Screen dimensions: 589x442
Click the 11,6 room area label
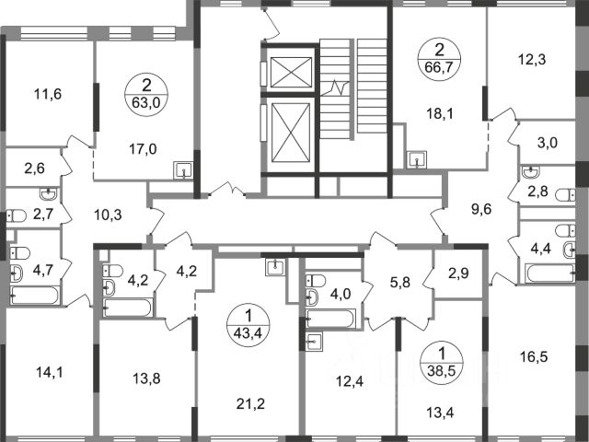tap(48, 94)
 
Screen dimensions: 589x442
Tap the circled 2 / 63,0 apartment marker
tap(146, 94)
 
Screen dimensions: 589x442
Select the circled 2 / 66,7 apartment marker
tap(440, 59)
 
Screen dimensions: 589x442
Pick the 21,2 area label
tap(250, 404)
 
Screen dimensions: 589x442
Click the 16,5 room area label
tap(534, 356)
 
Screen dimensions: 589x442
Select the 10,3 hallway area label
tap(108, 215)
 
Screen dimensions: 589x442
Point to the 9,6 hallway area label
tap(482, 208)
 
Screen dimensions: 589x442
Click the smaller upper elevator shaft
tap(291, 72)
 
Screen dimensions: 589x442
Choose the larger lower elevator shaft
tap(291, 133)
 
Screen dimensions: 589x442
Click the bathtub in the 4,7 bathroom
tap(35, 296)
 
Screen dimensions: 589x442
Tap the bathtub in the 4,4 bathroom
tap(550, 273)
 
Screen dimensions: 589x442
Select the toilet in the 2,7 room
tap(17, 216)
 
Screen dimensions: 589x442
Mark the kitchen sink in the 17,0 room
tap(183, 170)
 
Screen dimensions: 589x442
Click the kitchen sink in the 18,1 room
tap(417, 159)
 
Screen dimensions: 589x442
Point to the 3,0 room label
tap(548, 143)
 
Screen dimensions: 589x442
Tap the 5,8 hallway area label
tap(400, 282)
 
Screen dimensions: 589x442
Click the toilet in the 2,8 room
tap(565, 195)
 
